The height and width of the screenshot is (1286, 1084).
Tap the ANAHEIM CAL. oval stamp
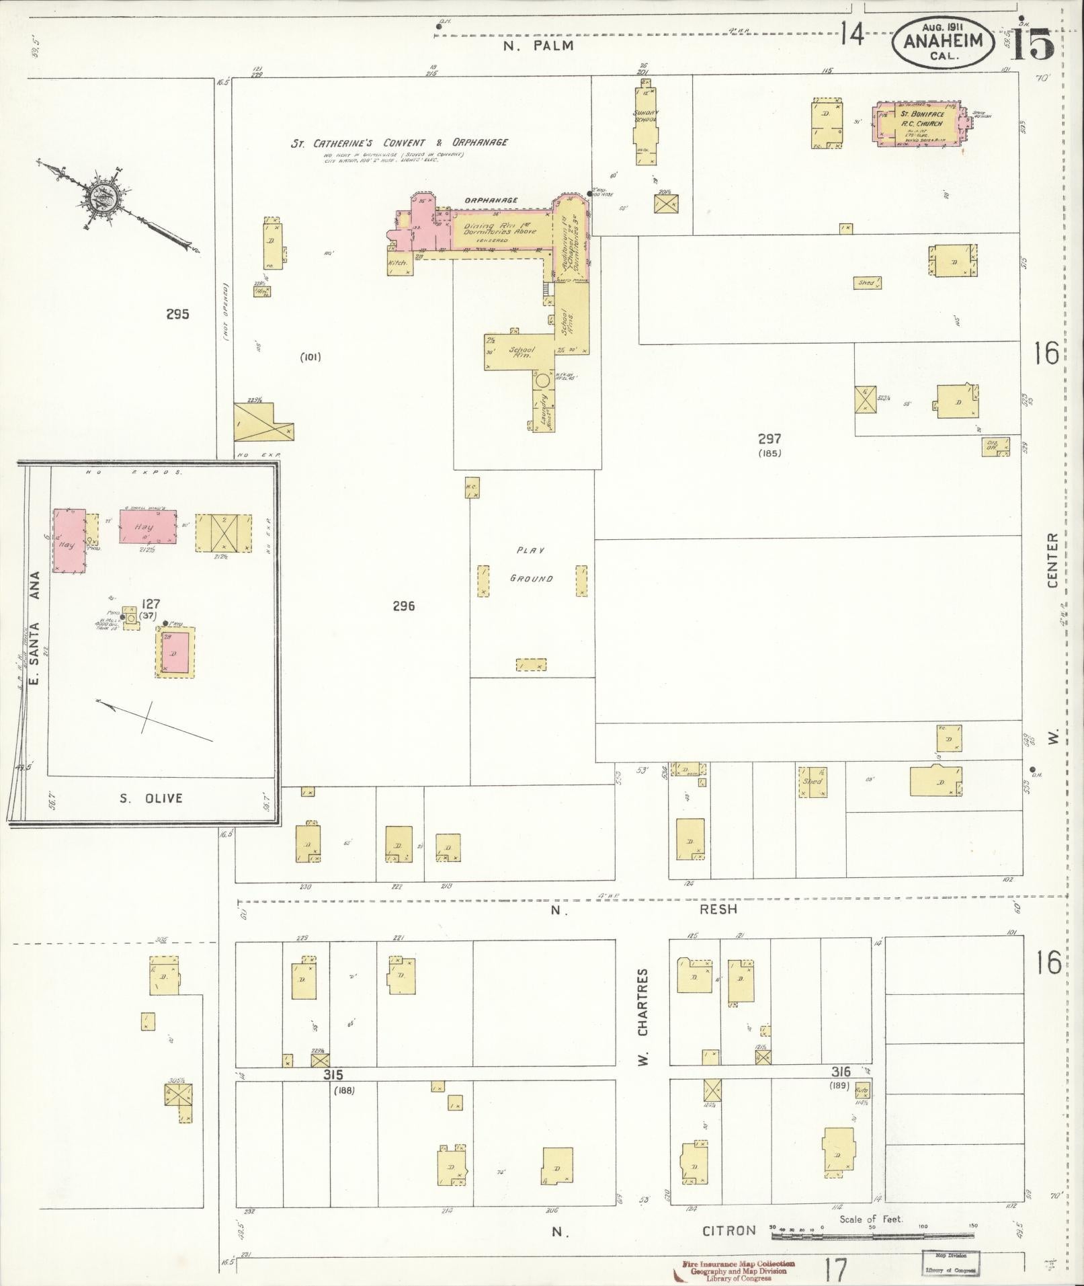click(944, 42)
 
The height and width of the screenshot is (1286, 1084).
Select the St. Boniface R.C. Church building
click(919, 124)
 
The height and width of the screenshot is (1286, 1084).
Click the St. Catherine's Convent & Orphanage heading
click(399, 143)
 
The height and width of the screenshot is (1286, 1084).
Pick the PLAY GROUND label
click(531, 564)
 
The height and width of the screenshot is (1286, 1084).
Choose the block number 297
click(769, 439)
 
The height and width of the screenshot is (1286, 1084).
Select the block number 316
click(841, 1072)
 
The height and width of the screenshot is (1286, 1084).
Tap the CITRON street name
click(729, 1231)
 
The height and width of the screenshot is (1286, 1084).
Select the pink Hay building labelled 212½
click(148, 526)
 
